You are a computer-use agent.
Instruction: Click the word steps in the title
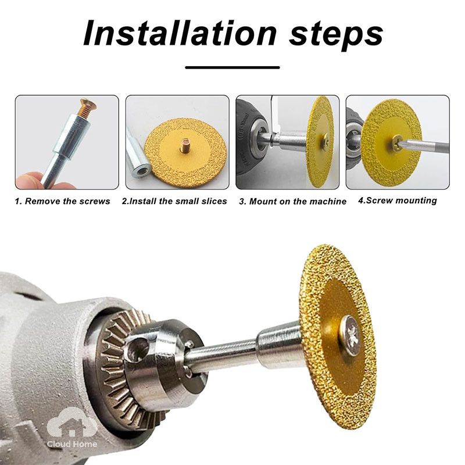point(336,35)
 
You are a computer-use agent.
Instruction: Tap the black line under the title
point(233,67)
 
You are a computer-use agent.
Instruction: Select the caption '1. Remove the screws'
point(63,201)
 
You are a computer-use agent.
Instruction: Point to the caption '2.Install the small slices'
point(174,201)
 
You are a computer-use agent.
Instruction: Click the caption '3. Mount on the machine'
point(293,202)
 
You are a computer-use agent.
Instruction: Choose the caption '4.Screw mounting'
point(398,201)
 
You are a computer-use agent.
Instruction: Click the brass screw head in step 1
point(88,103)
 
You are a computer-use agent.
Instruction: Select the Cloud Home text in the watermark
point(71,444)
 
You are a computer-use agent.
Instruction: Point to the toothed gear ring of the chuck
point(119,368)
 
